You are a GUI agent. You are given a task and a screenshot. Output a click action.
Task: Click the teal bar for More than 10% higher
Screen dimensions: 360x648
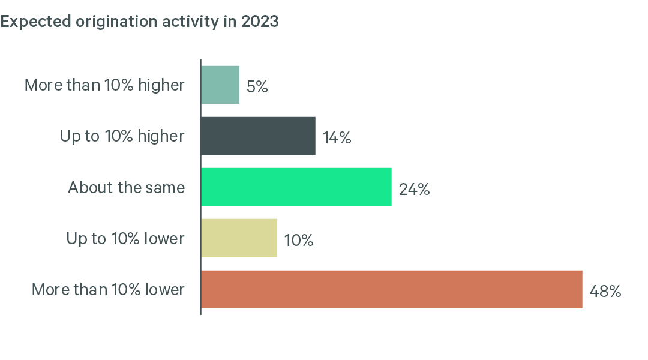(x=220, y=85)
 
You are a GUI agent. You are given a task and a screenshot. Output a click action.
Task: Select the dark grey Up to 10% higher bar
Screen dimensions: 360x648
(x=258, y=136)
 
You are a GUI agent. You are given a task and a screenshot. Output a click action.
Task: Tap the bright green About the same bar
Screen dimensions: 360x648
(x=296, y=187)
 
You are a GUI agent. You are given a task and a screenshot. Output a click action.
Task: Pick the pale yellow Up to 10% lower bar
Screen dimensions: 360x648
(x=239, y=238)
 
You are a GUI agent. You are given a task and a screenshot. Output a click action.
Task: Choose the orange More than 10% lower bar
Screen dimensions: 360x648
(x=391, y=289)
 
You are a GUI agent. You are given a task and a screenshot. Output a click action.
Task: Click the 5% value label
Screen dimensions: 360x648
(x=257, y=87)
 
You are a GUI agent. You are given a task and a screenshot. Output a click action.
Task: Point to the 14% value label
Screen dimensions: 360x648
(x=337, y=138)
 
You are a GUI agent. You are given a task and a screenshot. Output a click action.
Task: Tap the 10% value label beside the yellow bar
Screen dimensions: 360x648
(x=299, y=241)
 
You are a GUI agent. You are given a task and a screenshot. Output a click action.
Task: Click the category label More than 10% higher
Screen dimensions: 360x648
(x=104, y=85)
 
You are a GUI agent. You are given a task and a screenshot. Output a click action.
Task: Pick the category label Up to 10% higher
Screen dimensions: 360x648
(x=122, y=136)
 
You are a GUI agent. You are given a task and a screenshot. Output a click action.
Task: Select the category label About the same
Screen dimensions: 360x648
(x=126, y=188)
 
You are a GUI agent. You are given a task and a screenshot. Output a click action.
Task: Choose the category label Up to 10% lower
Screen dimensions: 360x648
(x=125, y=239)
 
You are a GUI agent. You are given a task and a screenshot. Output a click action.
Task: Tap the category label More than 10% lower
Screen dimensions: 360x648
(x=108, y=290)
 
